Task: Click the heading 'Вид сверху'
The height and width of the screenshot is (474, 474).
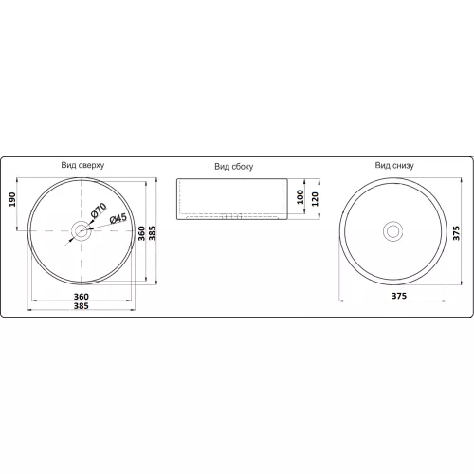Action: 82,165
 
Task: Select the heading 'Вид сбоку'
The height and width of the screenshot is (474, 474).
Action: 234,167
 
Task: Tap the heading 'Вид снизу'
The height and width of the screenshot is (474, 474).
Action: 394,165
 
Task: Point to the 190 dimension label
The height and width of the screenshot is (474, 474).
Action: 12,199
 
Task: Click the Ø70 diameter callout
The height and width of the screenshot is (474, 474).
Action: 99,210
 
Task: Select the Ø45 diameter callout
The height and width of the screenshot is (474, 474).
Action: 118,218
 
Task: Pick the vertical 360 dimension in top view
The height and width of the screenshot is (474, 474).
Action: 141,233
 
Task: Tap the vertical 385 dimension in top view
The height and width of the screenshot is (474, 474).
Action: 153,233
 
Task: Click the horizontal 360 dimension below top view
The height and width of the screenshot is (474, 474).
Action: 82,297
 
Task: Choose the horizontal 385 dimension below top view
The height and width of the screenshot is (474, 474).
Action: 82,306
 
